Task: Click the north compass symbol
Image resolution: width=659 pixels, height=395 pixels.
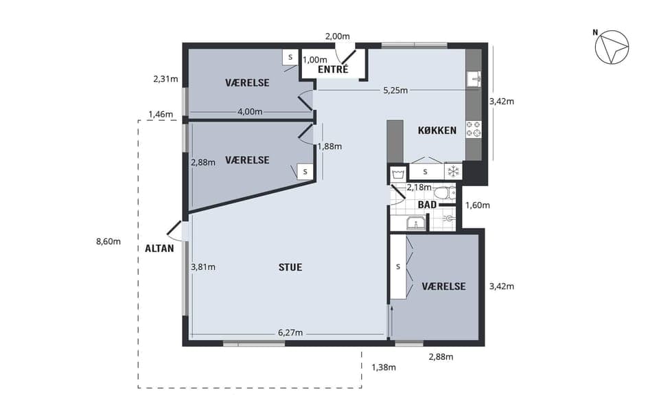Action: [x=612, y=48]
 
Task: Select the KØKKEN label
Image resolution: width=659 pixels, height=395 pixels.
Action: [x=437, y=131]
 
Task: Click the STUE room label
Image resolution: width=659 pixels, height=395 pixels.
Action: [x=290, y=267]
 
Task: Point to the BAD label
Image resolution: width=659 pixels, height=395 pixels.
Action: [x=426, y=205]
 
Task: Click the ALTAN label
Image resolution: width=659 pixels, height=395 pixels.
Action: [x=159, y=248]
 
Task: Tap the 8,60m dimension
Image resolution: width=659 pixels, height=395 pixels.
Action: [x=108, y=242]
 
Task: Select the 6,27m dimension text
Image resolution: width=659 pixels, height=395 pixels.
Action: [x=291, y=332]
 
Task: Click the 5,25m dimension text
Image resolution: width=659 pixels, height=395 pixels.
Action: [x=395, y=90]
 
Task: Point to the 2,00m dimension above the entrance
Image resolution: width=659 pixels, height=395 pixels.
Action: [x=337, y=35]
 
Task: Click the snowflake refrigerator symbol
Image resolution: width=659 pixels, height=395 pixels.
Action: [x=453, y=171]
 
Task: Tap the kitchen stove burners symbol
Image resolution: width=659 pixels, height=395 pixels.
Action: [x=474, y=128]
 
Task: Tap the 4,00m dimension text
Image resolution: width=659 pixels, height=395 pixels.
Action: [x=249, y=111]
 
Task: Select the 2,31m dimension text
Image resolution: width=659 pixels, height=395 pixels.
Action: [x=165, y=79]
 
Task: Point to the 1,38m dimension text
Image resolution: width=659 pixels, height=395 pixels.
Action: [x=384, y=367]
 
